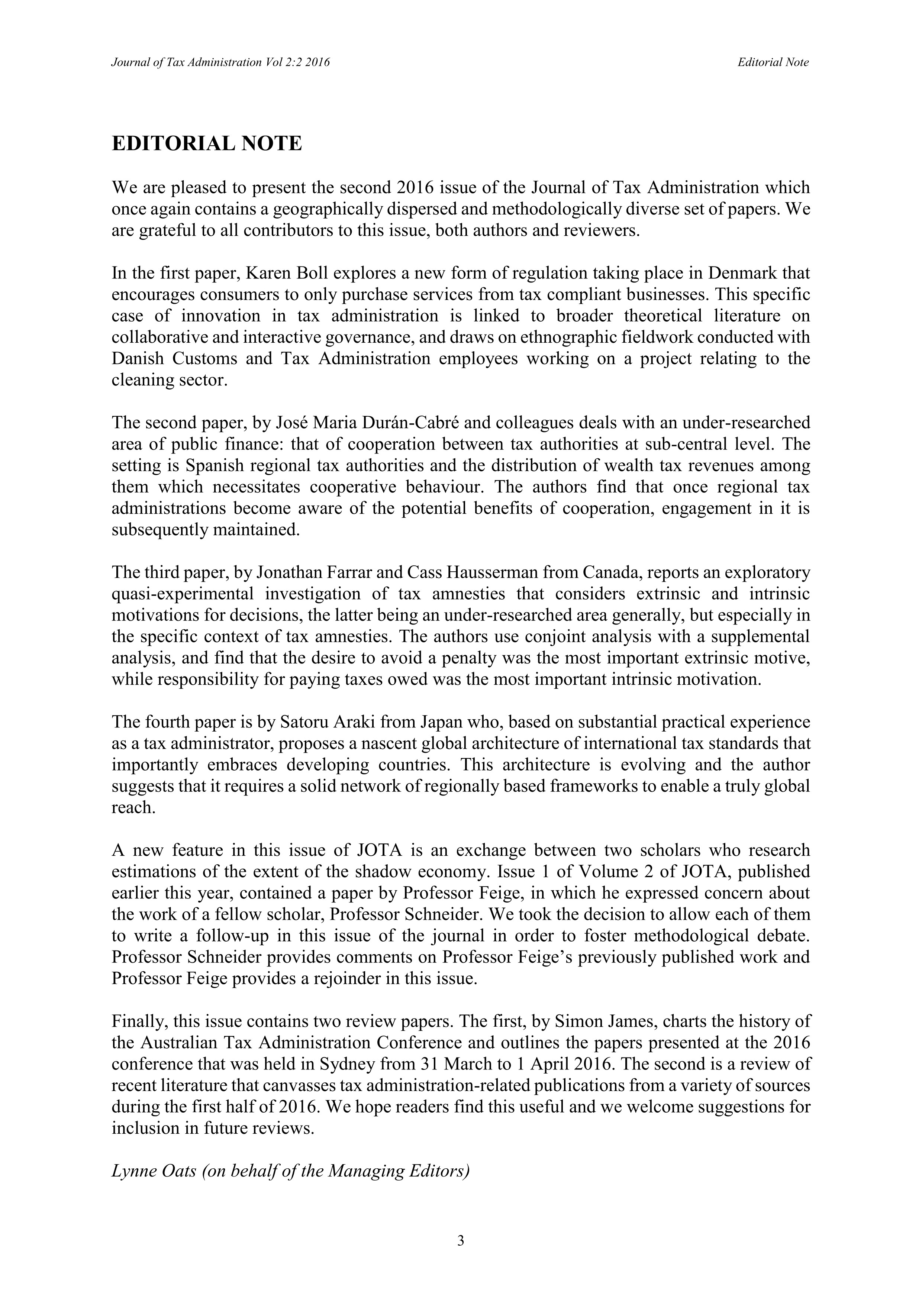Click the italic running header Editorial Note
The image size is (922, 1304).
click(773, 62)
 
